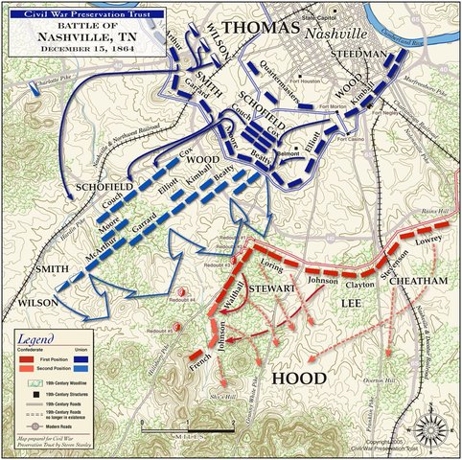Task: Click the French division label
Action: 201,361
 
